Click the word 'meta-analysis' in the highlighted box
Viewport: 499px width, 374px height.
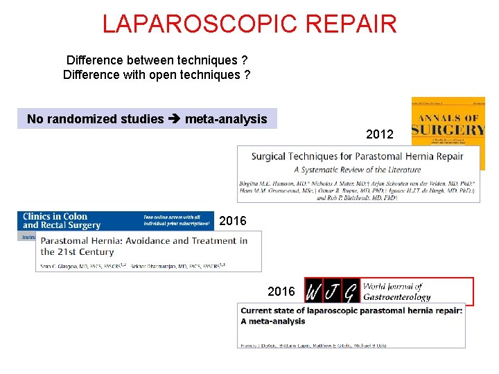226,119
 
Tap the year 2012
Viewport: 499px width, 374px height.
380,134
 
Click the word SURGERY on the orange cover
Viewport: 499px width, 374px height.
448,130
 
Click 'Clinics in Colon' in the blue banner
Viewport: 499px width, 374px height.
55,216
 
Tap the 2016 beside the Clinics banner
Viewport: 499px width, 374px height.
232,222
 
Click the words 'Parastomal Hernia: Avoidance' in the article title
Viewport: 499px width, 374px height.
112,241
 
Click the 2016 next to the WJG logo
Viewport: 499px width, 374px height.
281,292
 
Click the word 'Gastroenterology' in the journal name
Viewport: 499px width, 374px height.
397,296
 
